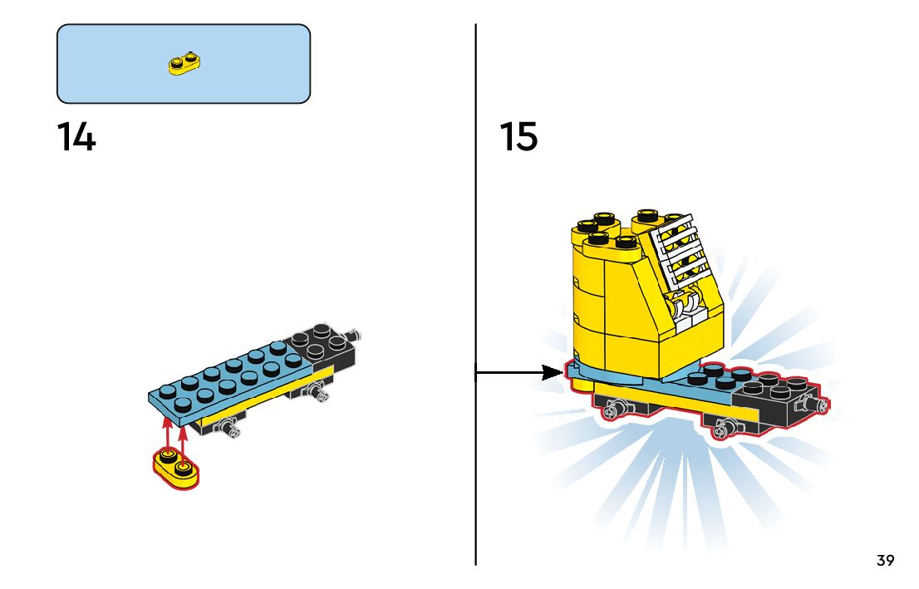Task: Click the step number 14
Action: pos(76,137)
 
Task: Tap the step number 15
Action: pos(518,137)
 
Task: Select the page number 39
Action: pos(885,561)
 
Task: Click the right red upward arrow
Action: pos(183,434)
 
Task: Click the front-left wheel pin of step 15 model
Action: pos(616,408)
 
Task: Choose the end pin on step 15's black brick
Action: pos(820,405)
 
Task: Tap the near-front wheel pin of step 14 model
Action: pos(228,428)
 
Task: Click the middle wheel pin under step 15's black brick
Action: pos(723,429)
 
